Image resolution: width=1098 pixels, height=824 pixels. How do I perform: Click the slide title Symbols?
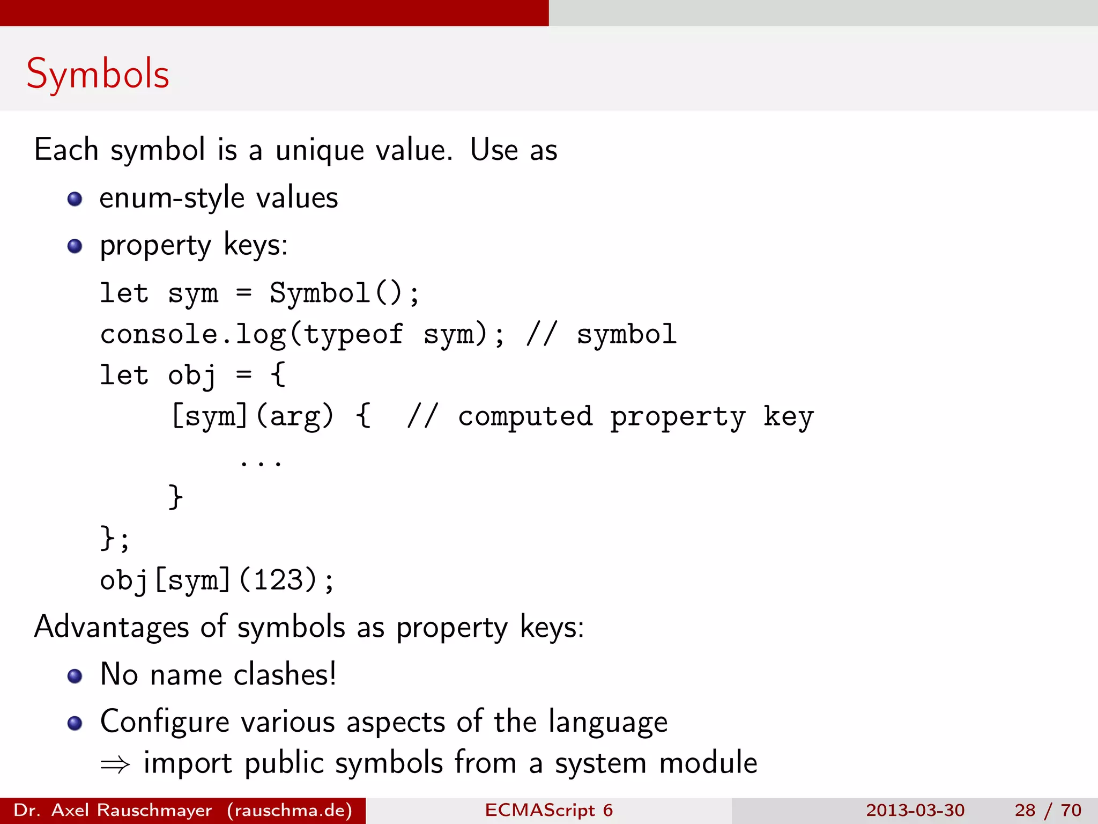click(98, 74)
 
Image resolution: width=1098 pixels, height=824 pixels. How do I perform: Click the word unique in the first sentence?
click(319, 150)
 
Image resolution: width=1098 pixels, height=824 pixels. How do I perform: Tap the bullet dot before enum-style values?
click(75, 200)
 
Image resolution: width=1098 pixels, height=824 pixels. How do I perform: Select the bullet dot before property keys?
click(75, 246)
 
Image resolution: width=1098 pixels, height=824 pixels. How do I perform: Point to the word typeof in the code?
click(353, 335)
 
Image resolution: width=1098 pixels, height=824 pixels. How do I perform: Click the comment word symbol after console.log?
click(626, 335)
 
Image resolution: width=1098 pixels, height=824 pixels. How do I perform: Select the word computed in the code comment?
click(525, 417)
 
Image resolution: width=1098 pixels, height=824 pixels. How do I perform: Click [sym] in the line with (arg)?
click(210, 417)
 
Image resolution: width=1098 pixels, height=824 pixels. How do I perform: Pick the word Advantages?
click(112, 627)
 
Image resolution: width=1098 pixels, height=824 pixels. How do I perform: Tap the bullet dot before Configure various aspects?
click(75, 723)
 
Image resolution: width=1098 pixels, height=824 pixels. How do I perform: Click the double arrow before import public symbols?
click(115, 764)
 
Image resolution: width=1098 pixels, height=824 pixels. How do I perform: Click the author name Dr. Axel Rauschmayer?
click(113, 810)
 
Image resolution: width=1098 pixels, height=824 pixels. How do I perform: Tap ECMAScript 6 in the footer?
click(548, 810)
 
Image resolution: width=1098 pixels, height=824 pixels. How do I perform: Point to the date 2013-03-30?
click(915, 810)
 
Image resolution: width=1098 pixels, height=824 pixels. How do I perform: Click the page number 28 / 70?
click(1048, 810)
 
